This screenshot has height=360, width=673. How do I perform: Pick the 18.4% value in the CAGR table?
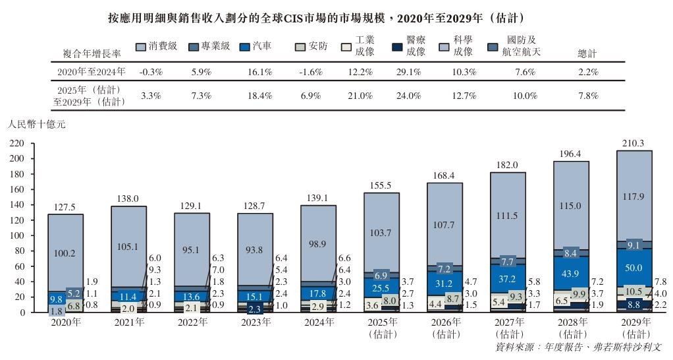tap(259, 96)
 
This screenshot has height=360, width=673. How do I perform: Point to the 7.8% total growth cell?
tap(587, 96)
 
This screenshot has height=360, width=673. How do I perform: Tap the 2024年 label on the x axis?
tap(318, 322)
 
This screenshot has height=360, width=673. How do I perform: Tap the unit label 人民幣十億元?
tap(36, 123)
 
